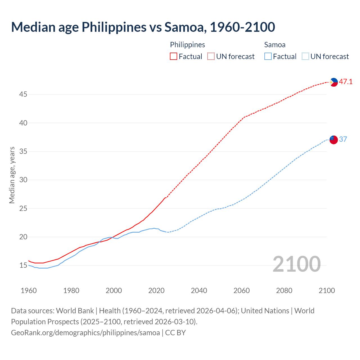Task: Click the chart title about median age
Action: pyautogui.click(x=143, y=27)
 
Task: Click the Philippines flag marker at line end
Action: pyautogui.click(x=334, y=82)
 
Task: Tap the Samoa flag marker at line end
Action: pyautogui.click(x=334, y=139)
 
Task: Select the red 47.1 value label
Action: pyautogui.click(x=346, y=82)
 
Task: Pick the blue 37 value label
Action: pyautogui.click(x=343, y=139)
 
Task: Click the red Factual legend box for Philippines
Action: pyautogui.click(x=174, y=57)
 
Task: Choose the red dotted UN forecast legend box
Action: pyautogui.click(x=211, y=57)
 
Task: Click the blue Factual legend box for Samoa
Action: pyautogui.click(x=268, y=57)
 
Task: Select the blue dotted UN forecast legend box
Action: pyautogui.click(x=305, y=57)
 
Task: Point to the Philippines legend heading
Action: pyautogui.click(x=187, y=45)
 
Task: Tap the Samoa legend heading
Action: pyautogui.click(x=275, y=45)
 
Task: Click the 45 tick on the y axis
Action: pyautogui.click(x=23, y=94)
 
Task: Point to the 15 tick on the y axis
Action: pyautogui.click(x=23, y=265)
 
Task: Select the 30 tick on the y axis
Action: pyautogui.click(x=23, y=180)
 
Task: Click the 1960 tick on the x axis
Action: pyautogui.click(x=29, y=291)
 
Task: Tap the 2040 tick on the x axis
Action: pyautogui.click(x=199, y=291)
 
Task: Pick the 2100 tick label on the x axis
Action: pyautogui.click(x=327, y=291)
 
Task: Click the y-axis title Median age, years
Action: pyautogui.click(x=12, y=175)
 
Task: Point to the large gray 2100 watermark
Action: pyautogui.click(x=296, y=264)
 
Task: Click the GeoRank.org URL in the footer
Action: pyautogui.click(x=85, y=333)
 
